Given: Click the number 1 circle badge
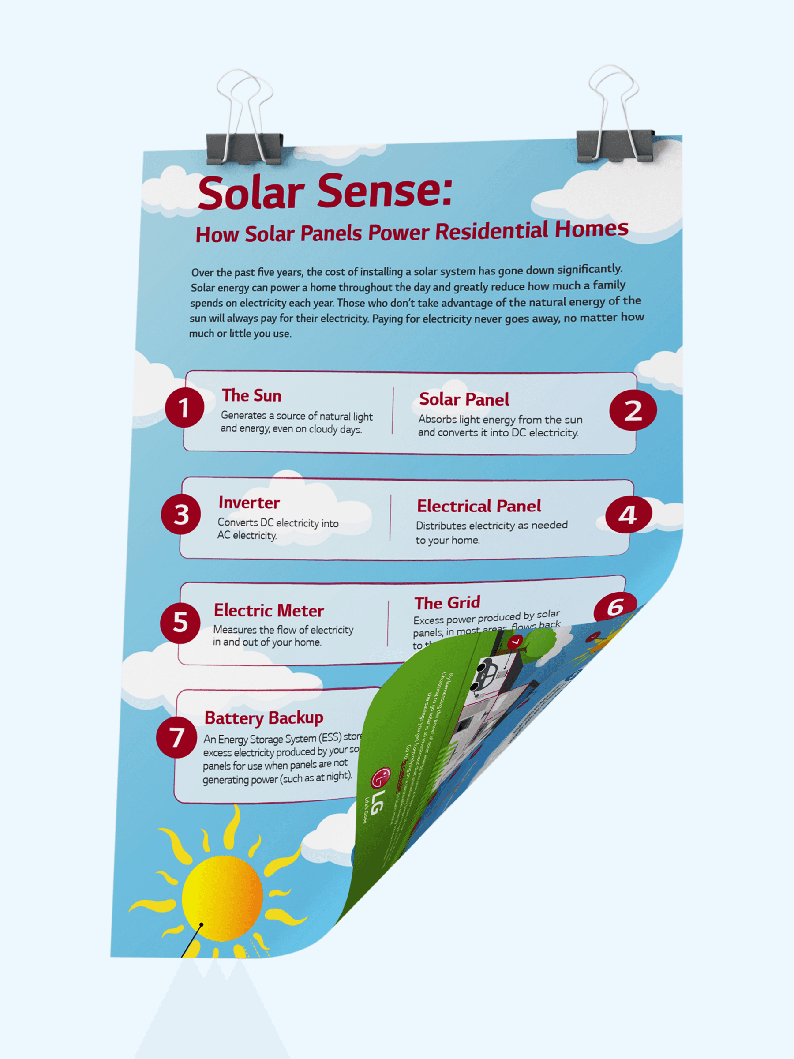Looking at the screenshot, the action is pos(184,408).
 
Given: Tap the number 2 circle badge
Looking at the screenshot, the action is pos(633,410).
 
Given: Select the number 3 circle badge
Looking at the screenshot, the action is pos(181,514).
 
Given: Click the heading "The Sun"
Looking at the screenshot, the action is pos(251,395).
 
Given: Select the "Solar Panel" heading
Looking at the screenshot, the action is pos(464,399).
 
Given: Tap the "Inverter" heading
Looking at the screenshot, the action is pos(249,503).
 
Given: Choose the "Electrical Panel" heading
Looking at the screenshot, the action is pos(479,506).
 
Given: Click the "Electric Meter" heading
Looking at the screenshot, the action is pos(269,610).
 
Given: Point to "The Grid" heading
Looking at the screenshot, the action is pos(447,603).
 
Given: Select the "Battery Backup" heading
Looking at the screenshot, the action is pos(264,717).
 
